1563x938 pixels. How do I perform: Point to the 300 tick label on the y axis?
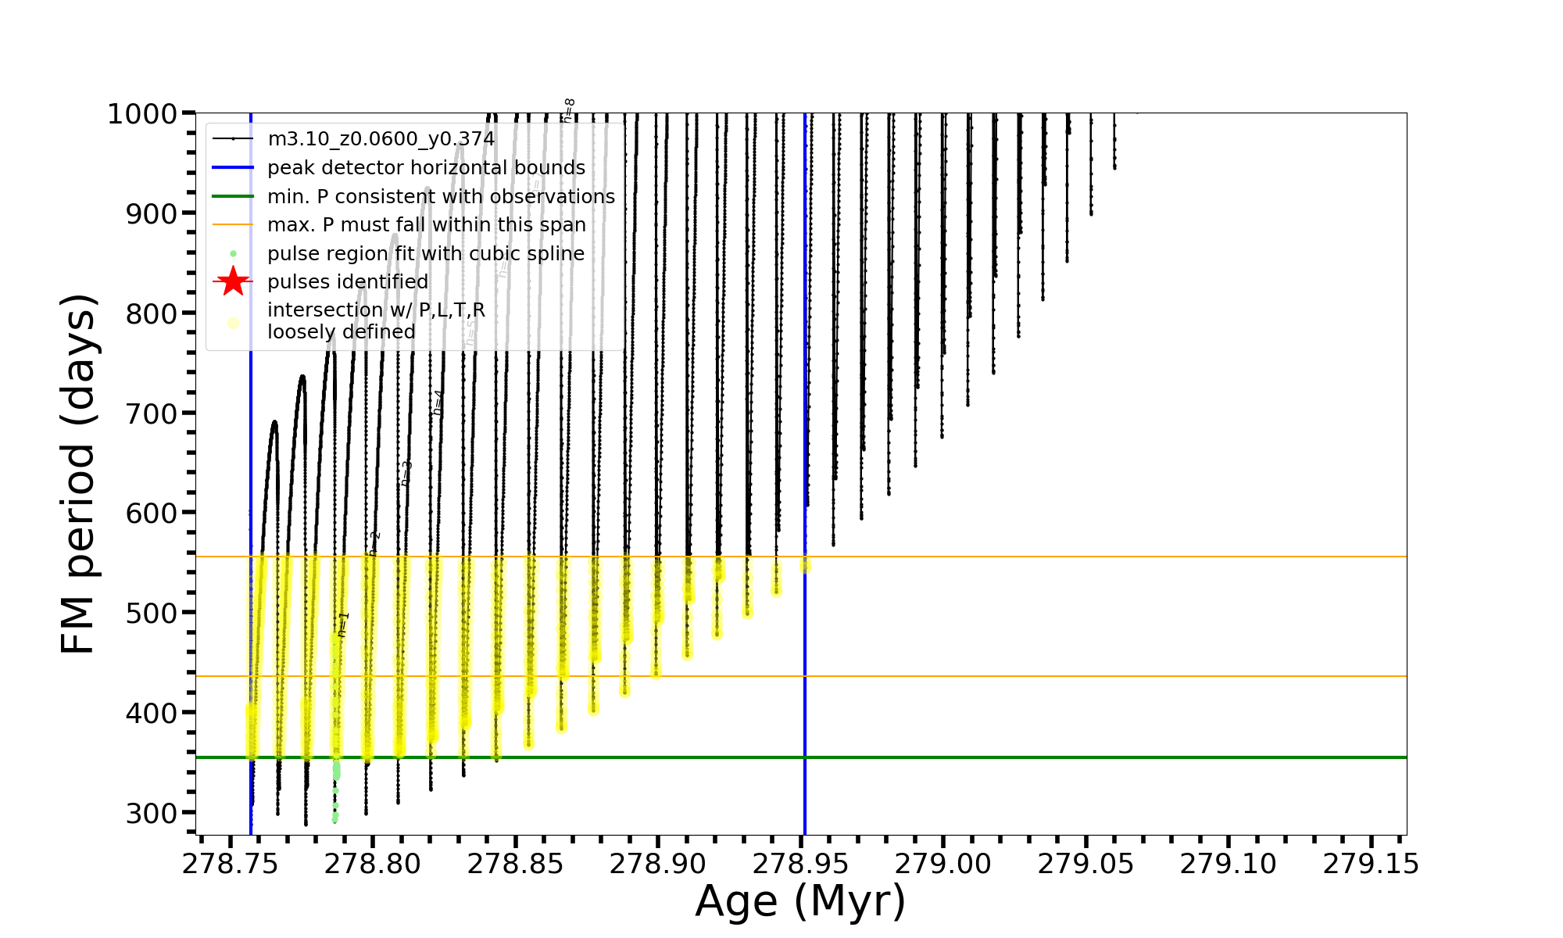click(152, 813)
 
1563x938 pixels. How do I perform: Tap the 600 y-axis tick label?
click(152, 514)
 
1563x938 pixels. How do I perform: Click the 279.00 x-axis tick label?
click(942, 864)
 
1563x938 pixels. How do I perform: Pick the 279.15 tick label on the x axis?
click(1370, 864)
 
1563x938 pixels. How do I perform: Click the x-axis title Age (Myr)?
click(800, 901)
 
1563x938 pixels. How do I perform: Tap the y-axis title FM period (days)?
click(78, 474)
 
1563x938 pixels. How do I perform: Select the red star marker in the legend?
click(233, 281)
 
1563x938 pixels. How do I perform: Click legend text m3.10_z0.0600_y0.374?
click(381, 139)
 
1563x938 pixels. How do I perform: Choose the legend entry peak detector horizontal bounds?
click(426, 168)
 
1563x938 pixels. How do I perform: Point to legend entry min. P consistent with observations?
click(441, 196)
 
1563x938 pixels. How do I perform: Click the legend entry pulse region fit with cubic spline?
click(425, 254)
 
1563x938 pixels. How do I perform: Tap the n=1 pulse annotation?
click(343, 625)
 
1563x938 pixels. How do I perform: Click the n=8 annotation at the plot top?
click(570, 110)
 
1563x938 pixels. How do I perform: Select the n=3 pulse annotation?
click(406, 473)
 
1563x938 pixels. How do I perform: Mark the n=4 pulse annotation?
click(438, 402)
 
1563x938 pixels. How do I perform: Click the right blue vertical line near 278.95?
click(805, 313)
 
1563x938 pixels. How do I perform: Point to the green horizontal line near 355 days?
click(1094, 757)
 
